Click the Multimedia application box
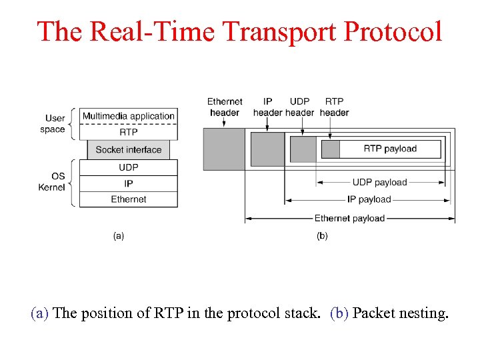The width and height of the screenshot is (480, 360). pyautogui.click(x=129, y=116)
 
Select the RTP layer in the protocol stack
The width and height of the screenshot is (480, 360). pyautogui.click(x=129, y=132)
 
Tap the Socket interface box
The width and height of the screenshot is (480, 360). pyautogui.click(x=129, y=150)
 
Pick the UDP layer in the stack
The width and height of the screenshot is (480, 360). pyautogui.click(x=129, y=167)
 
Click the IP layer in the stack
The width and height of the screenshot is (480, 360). pyautogui.click(x=129, y=183)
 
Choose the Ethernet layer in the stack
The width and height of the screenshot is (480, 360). pyautogui.click(x=129, y=199)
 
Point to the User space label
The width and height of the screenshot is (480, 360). pyautogui.click(x=53, y=124)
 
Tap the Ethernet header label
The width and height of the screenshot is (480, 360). pyautogui.click(x=225, y=107)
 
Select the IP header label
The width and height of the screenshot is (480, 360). pyautogui.click(x=268, y=107)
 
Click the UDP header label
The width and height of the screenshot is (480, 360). pyautogui.click(x=300, y=107)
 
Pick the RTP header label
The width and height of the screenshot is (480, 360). pyautogui.click(x=335, y=107)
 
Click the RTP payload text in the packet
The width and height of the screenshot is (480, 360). pyautogui.click(x=390, y=149)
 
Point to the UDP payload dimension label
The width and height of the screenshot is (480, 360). pyautogui.click(x=379, y=182)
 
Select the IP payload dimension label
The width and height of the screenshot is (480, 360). pyautogui.click(x=369, y=199)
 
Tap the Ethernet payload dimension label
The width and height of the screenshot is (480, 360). pyautogui.click(x=349, y=218)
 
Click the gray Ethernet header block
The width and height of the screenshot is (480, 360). pyautogui.click(x=224, y=148)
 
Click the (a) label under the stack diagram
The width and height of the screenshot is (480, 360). pyautogui.click(x=119, y=235)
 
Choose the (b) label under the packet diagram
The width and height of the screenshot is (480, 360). pyautogui.click(x=322, y=235)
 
